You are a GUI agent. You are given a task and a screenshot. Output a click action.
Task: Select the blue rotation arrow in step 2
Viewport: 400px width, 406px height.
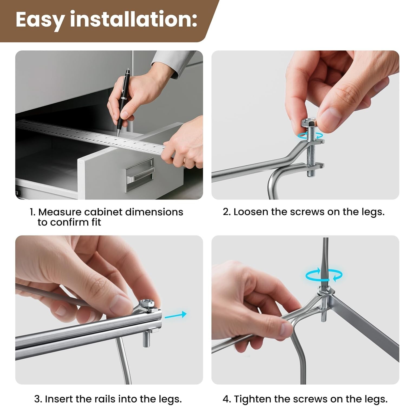[x=310, y=135]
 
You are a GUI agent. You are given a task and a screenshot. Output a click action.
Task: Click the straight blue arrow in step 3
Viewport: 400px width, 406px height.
[x=175, y=315]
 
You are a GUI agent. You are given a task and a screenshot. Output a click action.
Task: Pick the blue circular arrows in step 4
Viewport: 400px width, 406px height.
[x=324, y=275]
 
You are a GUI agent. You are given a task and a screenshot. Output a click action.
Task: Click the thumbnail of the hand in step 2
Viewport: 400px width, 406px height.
[x=338, y=89]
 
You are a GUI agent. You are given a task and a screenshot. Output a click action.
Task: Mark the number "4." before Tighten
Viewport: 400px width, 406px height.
[x=227, y=399]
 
